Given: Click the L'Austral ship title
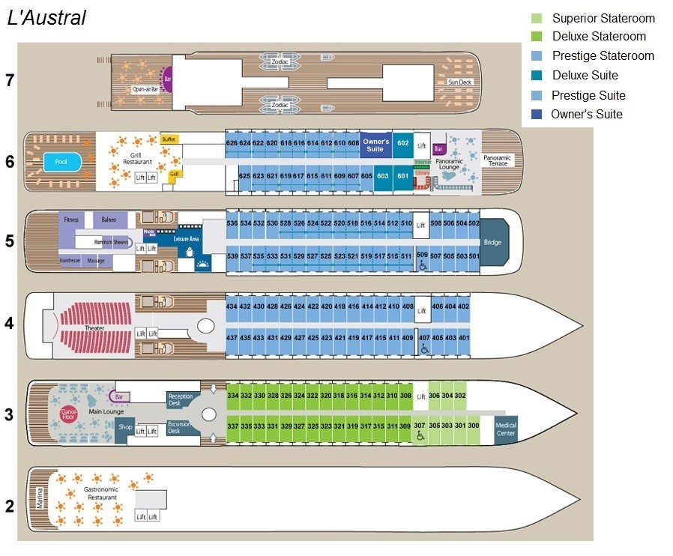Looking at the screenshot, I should pyautogui.click(x=46, y=19).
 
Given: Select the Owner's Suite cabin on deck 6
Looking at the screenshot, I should pyautogui.click(x=375, y=145).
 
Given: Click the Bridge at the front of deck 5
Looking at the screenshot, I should pyautogui.click(x=492, y=242).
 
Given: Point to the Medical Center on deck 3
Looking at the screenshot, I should pyautogui.click(x=506, y=429).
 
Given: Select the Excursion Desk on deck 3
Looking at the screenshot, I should pyautogui.click(x=180, y=427).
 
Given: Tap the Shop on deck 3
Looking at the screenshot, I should pyautogui.click(x=124, y=428).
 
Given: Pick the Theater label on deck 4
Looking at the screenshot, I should pyautogui.click(x=94, y=328).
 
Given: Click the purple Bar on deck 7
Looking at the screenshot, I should pyautogui.click(x=167, y=78).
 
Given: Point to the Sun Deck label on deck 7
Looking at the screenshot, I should pyautogui.click(x=460, y=82).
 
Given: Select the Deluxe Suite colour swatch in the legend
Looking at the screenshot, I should pyautogui.click(x=537, y=76).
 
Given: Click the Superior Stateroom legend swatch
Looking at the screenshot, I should pyautogui.click(x=537, y=19).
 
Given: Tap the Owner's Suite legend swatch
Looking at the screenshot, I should pyautogui.click(x=537, y=115).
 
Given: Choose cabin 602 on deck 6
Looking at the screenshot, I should pyautogui.click(x=403, y=143).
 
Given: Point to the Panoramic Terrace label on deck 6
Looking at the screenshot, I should pyautogui.click(x=498, y=160).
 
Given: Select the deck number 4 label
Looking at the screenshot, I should pyautogui.click(x=10, y=324).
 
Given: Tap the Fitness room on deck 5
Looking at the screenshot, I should pyautogui.click(x=71, y=220).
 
